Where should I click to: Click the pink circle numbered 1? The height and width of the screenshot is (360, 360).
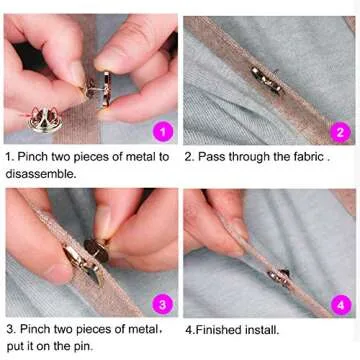pyautogui.click(x=164, y=131)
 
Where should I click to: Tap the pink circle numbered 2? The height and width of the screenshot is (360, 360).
pyautogui.click(x=339, y=130)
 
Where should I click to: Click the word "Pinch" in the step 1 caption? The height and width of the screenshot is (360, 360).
pyautogui.click(x=35, y=156)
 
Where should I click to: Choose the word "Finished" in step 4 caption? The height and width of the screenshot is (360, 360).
pyautogui.click(x=222, y=327)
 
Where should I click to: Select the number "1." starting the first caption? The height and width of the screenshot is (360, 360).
pyautogui.click(x=10, y=156)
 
